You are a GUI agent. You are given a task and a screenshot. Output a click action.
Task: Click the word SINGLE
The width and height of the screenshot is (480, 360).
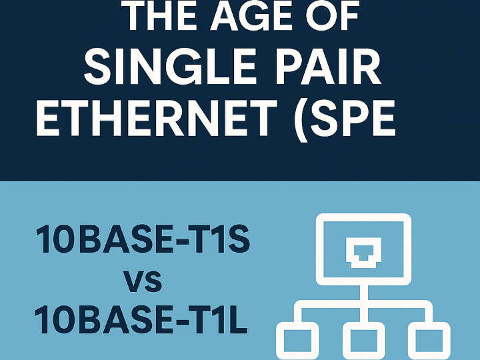click(x=170, y=67)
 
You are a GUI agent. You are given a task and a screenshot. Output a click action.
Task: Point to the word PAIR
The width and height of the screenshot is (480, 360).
click(x=328, y=67)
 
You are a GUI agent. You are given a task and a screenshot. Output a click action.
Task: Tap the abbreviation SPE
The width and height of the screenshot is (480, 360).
click(x=353, y=117)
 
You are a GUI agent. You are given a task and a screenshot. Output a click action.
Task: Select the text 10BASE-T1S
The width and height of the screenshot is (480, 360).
click(x=143, y=239)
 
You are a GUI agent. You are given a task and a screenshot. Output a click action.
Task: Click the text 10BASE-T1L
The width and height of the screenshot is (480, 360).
click(x=141, y=319)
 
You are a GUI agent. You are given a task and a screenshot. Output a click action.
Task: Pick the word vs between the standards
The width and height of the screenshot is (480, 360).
click(x=143, y=281)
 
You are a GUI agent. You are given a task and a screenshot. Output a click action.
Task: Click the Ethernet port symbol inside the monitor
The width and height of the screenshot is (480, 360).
click(x=363, y=252)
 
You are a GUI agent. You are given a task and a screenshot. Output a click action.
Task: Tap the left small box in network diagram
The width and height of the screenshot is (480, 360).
click(x=297, y=341)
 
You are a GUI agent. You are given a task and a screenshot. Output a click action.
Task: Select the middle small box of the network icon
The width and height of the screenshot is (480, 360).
click(x=364, y=341)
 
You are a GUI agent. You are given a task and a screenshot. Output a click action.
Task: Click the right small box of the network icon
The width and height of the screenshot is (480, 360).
click(x=429, y=341)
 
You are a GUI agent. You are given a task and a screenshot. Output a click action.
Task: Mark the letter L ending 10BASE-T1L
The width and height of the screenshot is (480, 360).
click(x=238, y=319)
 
